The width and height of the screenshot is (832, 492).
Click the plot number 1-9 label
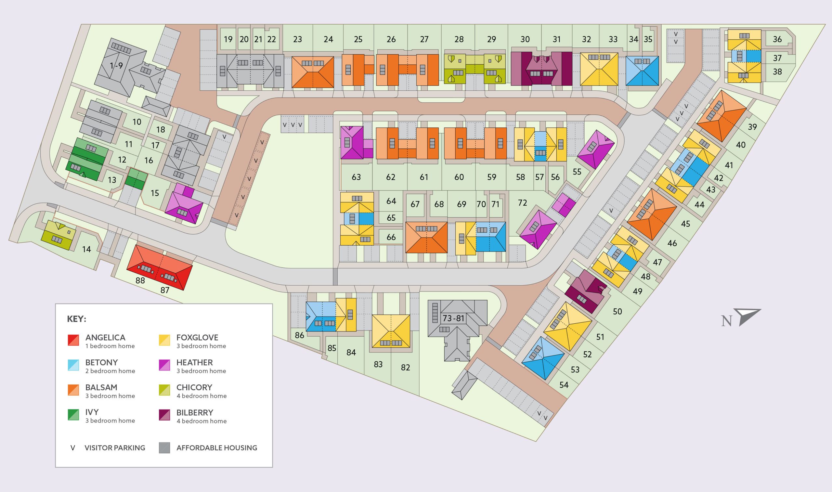point(116,66)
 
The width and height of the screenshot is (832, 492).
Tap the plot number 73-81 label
point(453,318)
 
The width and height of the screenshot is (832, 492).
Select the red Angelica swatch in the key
point(73,341)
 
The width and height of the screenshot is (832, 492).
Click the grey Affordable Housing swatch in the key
point(164,448)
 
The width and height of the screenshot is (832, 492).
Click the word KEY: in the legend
point(77,319)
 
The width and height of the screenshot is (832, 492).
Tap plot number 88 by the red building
point(140,280)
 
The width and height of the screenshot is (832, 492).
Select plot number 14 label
point(86,249)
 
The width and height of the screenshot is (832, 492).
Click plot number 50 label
point(617,311)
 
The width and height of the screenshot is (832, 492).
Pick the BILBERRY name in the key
point(195,413)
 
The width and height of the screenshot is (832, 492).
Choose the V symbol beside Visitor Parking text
point(73,448)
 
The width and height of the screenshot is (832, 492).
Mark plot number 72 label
point(522,202)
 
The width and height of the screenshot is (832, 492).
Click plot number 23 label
point(297,39)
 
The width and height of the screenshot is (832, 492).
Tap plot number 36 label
point(777,39)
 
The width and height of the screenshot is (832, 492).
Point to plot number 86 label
point(299,335)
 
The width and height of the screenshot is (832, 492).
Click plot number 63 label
point(356,177)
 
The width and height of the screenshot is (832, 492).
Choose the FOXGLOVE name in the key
point(197,338)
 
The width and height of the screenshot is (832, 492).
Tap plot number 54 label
point(564,384)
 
